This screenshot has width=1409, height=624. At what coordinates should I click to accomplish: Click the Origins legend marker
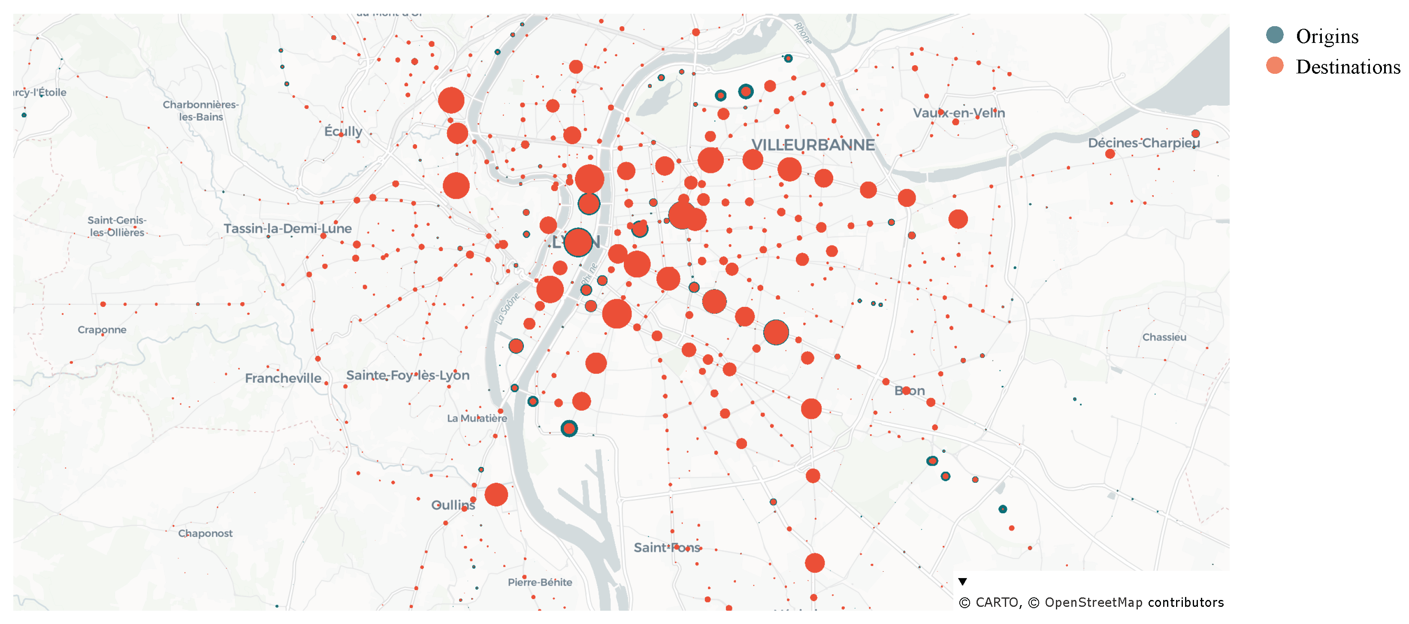(1274, 35)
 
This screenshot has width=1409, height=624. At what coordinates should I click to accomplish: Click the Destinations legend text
(1348, 67)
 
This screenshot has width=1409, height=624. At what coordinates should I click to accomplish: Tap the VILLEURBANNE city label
(813, 145)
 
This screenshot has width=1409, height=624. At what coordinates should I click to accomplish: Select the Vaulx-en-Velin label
(958, 113)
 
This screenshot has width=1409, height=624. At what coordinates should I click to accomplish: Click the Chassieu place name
(1164, 337)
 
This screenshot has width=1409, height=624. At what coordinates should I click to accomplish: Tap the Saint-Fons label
(667, 548)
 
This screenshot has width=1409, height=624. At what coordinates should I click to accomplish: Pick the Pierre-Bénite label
(540, 582)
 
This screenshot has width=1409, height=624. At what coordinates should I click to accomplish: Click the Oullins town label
(453, 505)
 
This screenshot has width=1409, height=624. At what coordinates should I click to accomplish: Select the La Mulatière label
(477, 418)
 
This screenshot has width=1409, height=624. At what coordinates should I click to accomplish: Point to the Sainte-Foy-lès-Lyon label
(408, 376)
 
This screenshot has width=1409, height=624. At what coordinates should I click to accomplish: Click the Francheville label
(283, 379)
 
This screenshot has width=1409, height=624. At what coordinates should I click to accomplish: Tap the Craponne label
(102, 330)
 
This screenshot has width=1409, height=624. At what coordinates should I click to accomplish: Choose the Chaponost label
(205, 533)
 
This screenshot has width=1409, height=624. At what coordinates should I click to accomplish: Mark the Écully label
(343, 131)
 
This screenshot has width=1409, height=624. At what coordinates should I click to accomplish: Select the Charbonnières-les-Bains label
(201, 110)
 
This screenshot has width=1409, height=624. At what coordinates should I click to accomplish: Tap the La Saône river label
(507, 309)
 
